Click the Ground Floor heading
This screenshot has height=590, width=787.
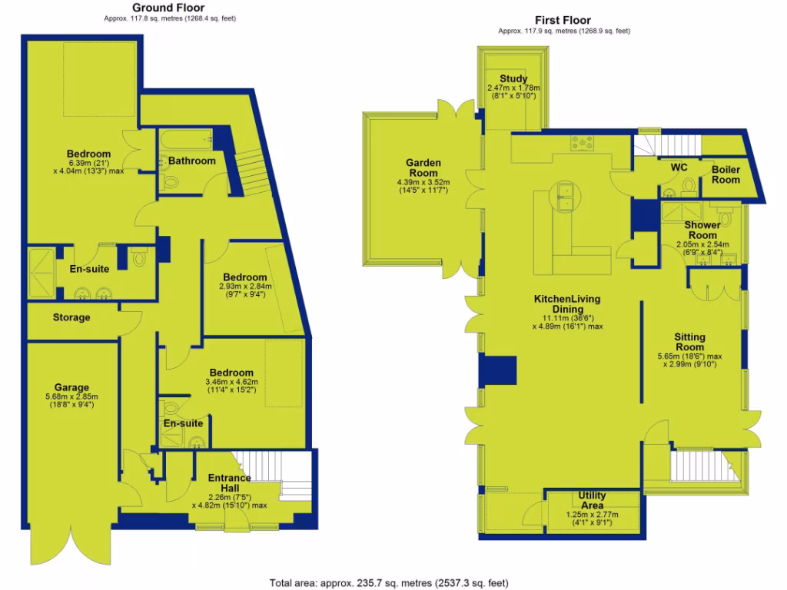point(169,7)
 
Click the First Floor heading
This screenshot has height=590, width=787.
point(563,20)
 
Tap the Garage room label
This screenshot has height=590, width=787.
point(71,387)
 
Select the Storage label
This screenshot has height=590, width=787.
point(71,317)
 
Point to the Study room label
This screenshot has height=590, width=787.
point(513,78)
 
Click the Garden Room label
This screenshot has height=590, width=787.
point(423,167)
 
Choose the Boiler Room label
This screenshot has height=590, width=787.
point(726,174)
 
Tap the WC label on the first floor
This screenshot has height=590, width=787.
point(679,167)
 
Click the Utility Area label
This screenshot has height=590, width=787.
point(592,501)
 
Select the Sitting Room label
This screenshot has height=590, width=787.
point(690,342)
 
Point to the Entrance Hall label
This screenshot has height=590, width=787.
point(230,483)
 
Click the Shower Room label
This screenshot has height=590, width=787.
point(702,230)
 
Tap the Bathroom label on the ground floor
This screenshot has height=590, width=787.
point(192,161)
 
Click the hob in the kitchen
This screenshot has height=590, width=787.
point(582,143)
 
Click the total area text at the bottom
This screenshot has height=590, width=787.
point(389,583)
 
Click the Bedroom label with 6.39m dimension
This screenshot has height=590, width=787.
point(88,154)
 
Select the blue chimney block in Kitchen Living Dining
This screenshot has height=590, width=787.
point(496,370)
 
